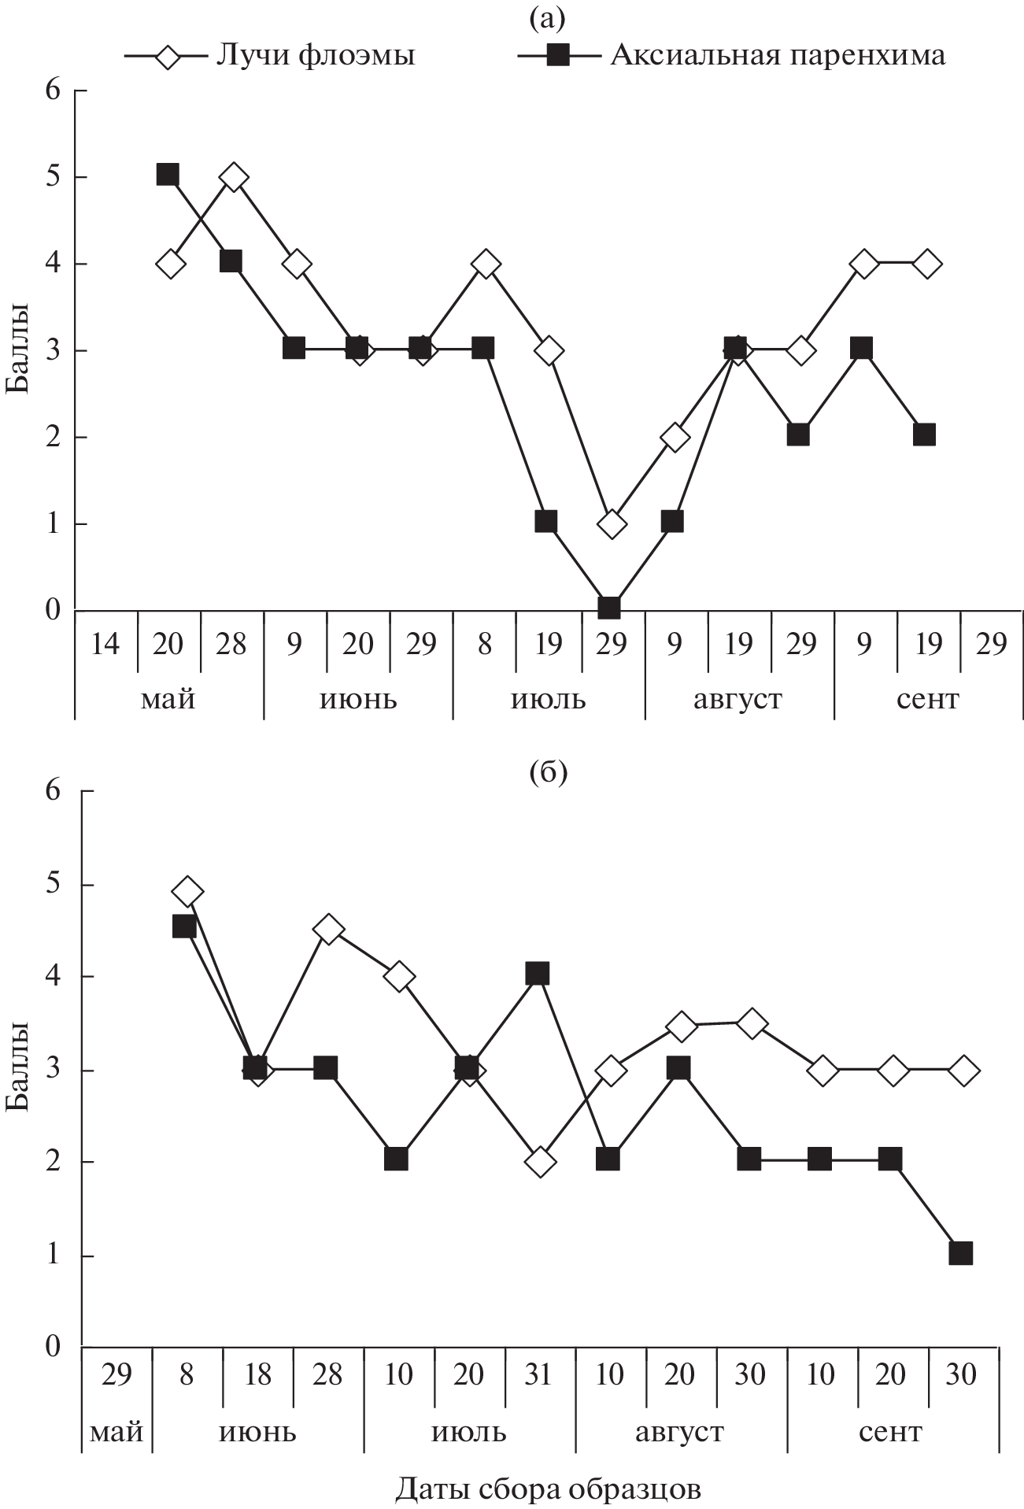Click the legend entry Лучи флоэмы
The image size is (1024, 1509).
point(315,55)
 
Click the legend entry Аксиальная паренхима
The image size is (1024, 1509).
point(778,55)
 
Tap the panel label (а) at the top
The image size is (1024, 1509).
point(548,17)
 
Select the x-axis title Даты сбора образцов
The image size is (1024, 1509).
point(548,1488)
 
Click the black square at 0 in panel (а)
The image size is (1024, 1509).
point(609,608)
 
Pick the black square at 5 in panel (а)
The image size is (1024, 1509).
point(168,174)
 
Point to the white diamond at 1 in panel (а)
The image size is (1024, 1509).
point(612,523)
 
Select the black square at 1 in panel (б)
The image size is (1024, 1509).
point(960,1253)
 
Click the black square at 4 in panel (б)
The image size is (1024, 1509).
point(538,974)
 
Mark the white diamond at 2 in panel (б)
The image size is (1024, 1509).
point(541,1161)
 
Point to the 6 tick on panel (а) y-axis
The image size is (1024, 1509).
point(53,91)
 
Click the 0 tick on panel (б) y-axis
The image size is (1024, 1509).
point(53,1346)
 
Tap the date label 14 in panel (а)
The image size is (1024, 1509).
point(105,644)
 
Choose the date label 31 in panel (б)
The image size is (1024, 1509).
point(539,1374)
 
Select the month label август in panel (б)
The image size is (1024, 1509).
point(679,1430)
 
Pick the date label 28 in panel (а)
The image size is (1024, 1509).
point(231,644)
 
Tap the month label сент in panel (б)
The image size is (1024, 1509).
point(890,1430)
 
